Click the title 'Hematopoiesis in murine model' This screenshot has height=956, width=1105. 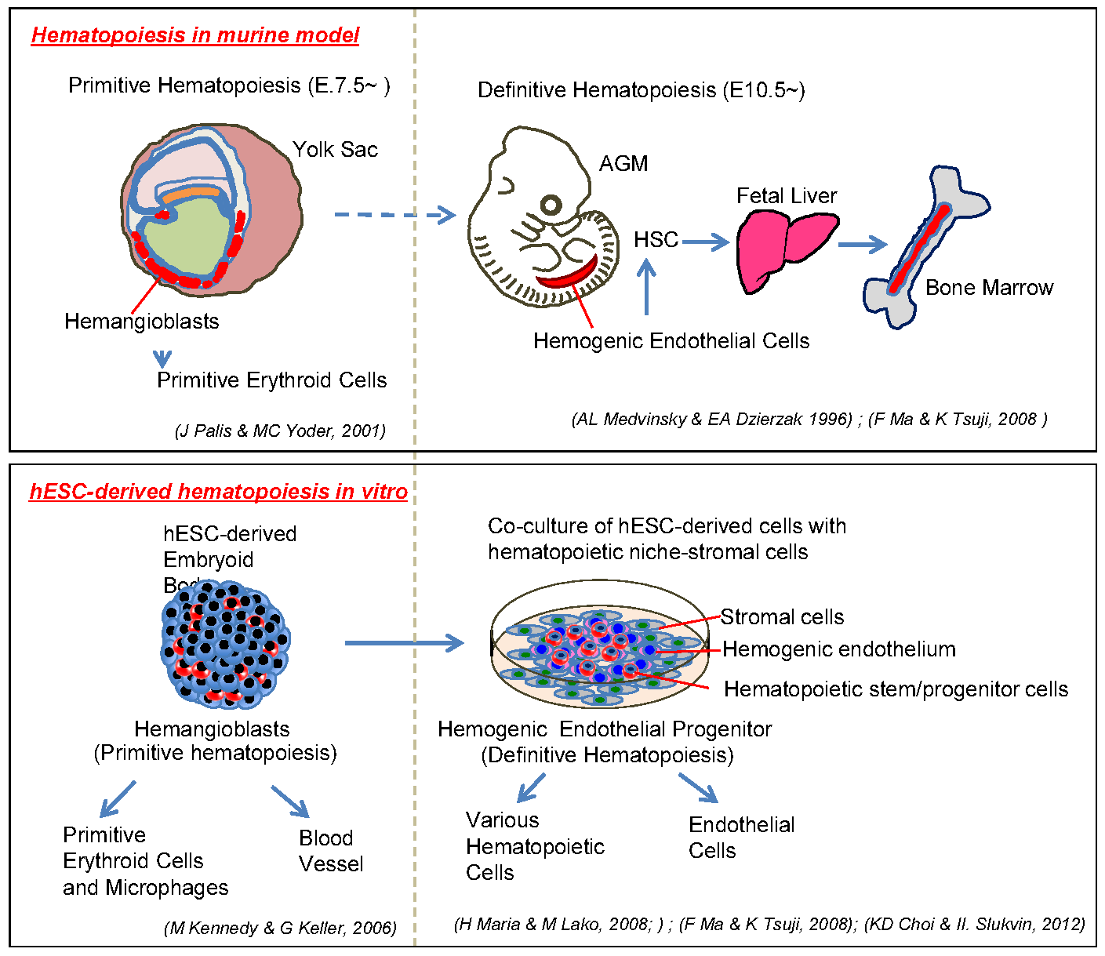point(195,35)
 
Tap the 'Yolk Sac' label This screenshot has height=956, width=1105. point(335,150)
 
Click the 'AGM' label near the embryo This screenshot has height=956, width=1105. point(623,164)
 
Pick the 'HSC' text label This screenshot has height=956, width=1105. point(656,239)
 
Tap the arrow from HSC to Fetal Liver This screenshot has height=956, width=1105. point(706,242)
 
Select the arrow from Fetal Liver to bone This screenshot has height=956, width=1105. point(862,245)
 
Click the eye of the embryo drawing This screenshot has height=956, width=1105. point(551,205)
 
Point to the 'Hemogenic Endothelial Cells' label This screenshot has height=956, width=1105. point(671,341)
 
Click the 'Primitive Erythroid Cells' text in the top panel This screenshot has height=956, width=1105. point(272,380)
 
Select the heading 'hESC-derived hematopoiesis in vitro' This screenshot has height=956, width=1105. point(218,492)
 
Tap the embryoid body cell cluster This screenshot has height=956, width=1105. point(225,642)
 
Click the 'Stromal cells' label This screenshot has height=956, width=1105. point(782,617)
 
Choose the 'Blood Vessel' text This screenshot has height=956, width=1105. point(331,851)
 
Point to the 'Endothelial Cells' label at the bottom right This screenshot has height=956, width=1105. point(741,838)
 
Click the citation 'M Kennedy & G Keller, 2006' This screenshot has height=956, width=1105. point(280,928)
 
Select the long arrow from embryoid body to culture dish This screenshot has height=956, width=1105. point(404,643)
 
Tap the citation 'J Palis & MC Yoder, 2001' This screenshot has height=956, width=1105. point(280,431)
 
